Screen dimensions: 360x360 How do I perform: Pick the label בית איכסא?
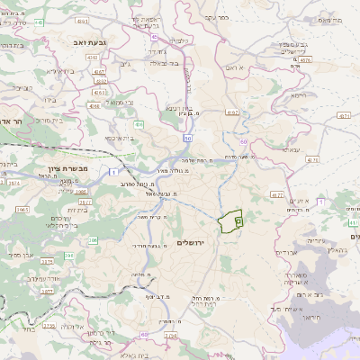(121, 139)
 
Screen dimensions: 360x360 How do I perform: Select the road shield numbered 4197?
(231, 112)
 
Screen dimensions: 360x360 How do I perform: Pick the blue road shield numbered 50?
(186, 139)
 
